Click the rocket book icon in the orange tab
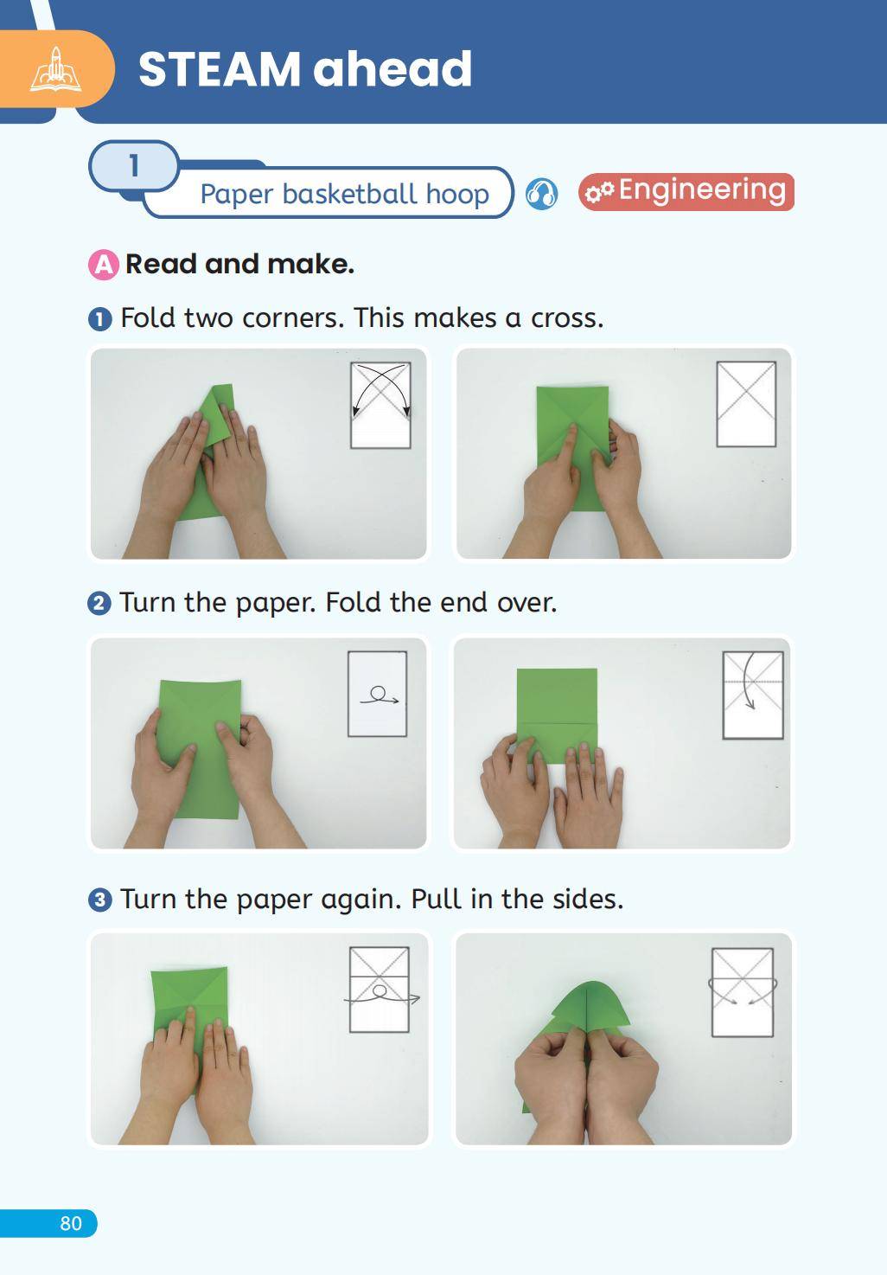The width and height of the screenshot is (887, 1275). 55,69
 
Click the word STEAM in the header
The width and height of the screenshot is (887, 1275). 219,69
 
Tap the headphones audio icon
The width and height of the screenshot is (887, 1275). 541,194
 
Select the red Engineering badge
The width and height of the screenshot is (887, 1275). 686,192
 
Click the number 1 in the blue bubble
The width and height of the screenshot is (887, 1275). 134,166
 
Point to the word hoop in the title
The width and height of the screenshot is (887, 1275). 457,195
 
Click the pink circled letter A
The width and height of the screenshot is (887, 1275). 104,265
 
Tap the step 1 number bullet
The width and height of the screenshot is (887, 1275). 100,319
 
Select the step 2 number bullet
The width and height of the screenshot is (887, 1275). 99,604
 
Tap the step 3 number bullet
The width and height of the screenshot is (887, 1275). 99,900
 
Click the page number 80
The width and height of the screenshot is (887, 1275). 71,1222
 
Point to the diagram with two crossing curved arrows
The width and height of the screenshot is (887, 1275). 380,406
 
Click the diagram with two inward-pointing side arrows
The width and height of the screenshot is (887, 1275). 743,992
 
